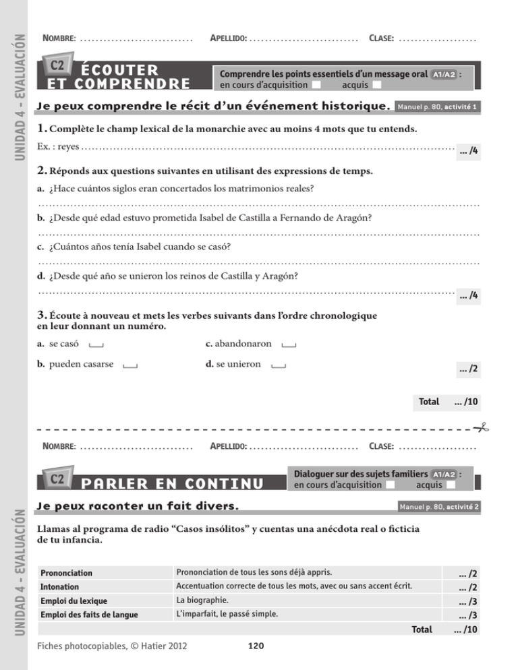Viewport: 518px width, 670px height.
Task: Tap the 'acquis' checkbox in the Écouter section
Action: tap(376, 84)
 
